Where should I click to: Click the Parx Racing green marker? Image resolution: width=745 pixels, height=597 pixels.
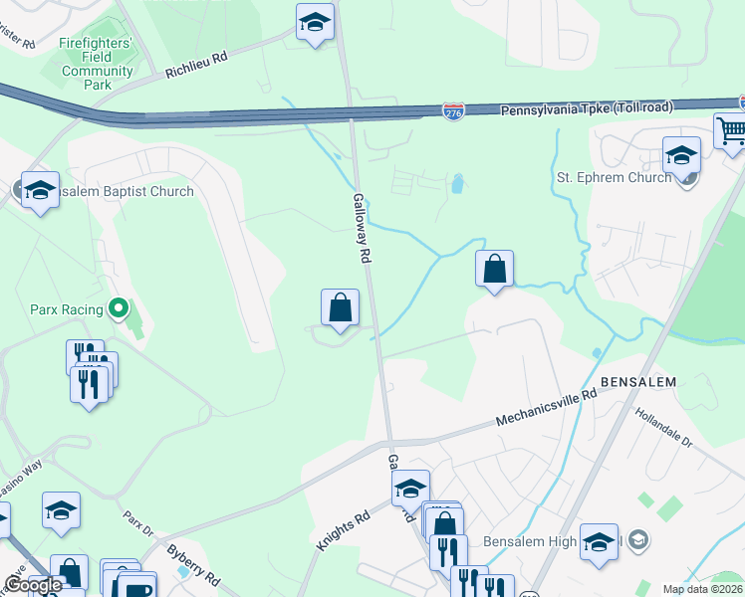(x=120, y=308)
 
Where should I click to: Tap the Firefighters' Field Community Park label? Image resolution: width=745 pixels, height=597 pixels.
(x=97, y=65)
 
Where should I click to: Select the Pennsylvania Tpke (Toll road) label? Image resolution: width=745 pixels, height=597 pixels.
(x=587, y=107)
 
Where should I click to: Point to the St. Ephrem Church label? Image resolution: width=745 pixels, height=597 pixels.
(x=613, y=178)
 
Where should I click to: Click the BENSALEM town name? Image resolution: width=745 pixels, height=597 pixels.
(x=637, y=382)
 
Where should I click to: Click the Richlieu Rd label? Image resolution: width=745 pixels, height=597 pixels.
(x=196, y=65)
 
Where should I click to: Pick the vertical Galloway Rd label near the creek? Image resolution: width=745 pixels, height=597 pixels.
(x=362, y=228)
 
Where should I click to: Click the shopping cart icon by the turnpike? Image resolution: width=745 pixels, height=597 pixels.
(x=730, y=130)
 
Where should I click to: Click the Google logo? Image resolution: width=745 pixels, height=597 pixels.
(x=33, y=585)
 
